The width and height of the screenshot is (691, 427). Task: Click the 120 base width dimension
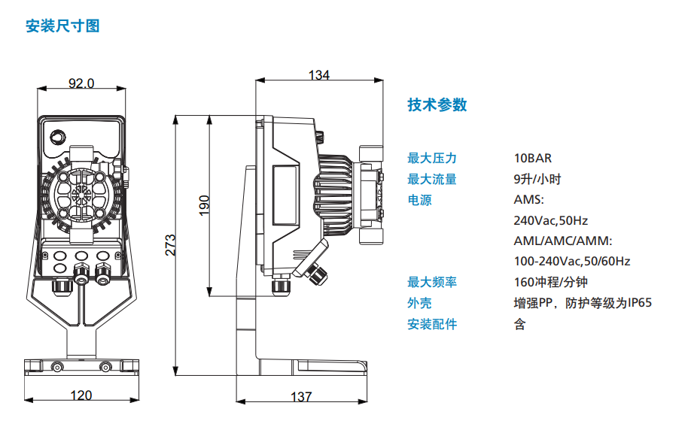coord(81,395)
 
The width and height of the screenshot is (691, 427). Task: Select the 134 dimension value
coord(319,74)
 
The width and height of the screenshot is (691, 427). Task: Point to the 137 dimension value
coord(301,397)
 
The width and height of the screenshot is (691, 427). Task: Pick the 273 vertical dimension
coord(170,245)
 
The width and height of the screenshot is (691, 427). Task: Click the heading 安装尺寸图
coord(62,26)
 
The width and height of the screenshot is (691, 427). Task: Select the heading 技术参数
coord(437,104)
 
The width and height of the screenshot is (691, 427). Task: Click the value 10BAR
coord(533,158)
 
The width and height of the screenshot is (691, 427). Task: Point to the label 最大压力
coord(432,158)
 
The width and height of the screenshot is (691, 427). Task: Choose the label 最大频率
coord(432,282)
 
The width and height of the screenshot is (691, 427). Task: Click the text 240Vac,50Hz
coord(550,220)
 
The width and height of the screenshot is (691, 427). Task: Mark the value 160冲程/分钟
coord(550,282)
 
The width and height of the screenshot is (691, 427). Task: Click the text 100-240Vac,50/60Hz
coord(572,261)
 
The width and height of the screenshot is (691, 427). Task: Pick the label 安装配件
coord(432,324)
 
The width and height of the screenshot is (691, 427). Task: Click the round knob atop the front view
coord(58,137)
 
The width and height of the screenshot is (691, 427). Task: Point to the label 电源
coord(420,200)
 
